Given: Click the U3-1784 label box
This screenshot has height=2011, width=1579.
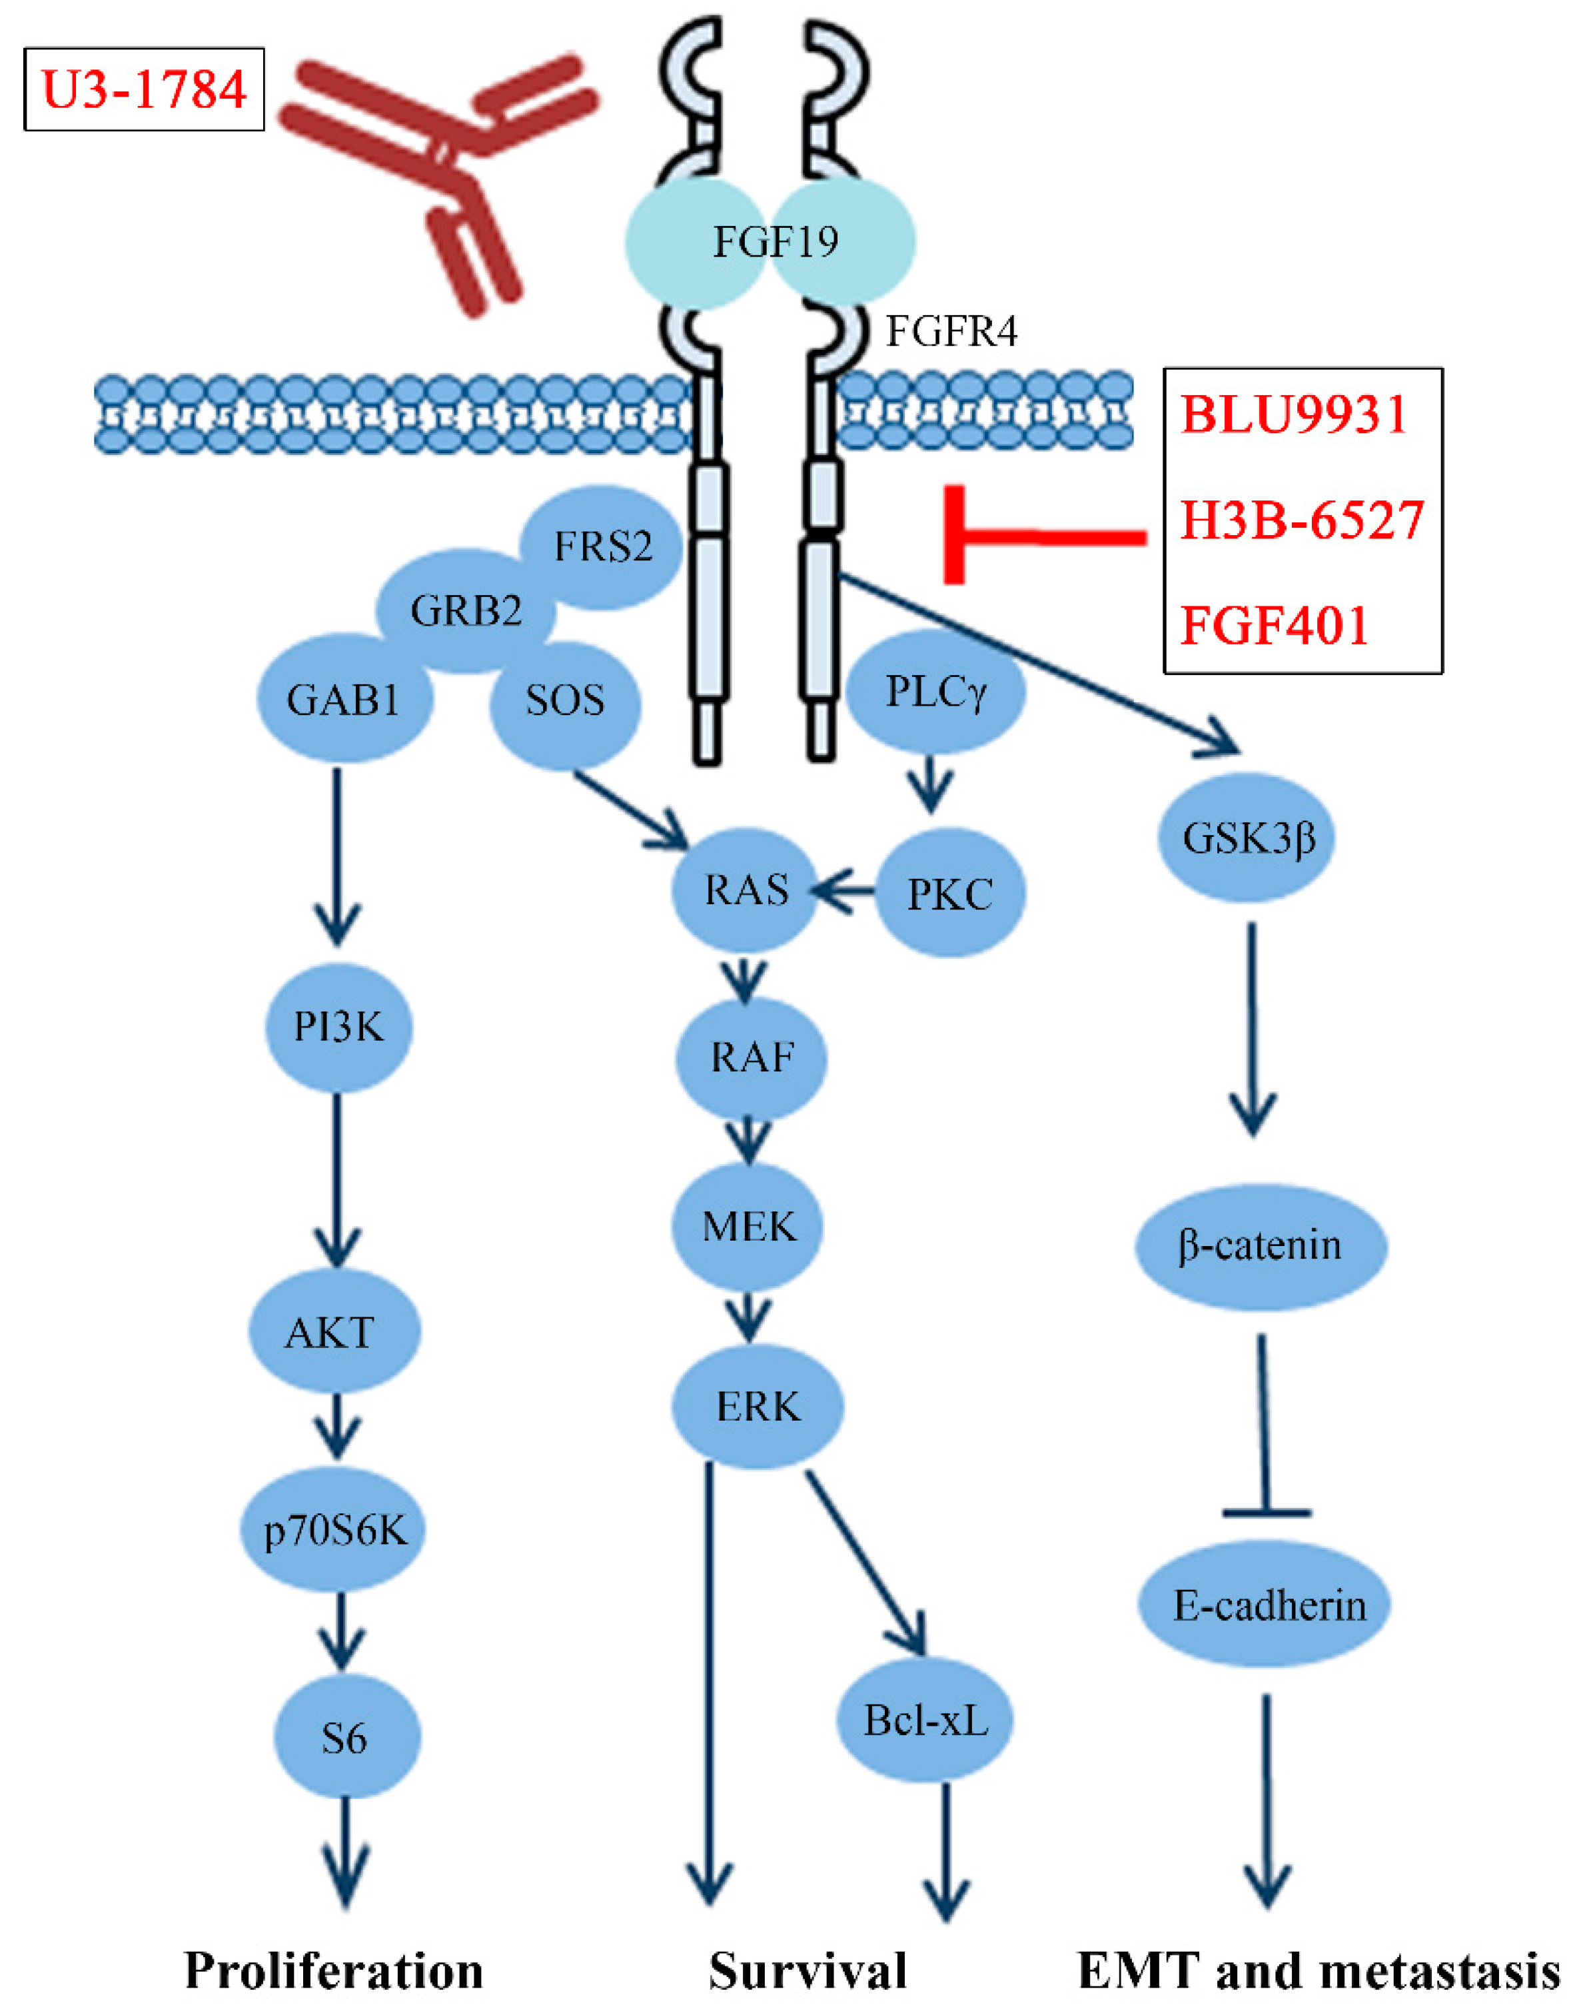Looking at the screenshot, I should (144, 90).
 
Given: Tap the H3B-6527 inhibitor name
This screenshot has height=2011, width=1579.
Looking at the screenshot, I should (1302, 520).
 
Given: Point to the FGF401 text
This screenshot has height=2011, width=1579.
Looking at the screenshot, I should (1274, 625).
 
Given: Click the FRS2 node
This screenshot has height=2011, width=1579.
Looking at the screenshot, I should (603, 546).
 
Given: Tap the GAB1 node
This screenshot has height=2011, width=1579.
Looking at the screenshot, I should (343, 700).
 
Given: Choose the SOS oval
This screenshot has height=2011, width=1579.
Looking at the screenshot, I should (565, 700).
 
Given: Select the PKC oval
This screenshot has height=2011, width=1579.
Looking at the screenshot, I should (949, 893).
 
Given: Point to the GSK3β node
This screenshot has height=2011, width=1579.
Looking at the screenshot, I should (1248, 838).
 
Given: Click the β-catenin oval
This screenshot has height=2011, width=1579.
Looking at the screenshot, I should (1260, 1245).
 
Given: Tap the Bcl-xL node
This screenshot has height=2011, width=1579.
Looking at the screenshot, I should (925, 1720).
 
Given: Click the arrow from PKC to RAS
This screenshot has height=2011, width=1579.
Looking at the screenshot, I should (843, 892).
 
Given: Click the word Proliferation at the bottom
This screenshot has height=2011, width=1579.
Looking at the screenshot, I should (334, 1970).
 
